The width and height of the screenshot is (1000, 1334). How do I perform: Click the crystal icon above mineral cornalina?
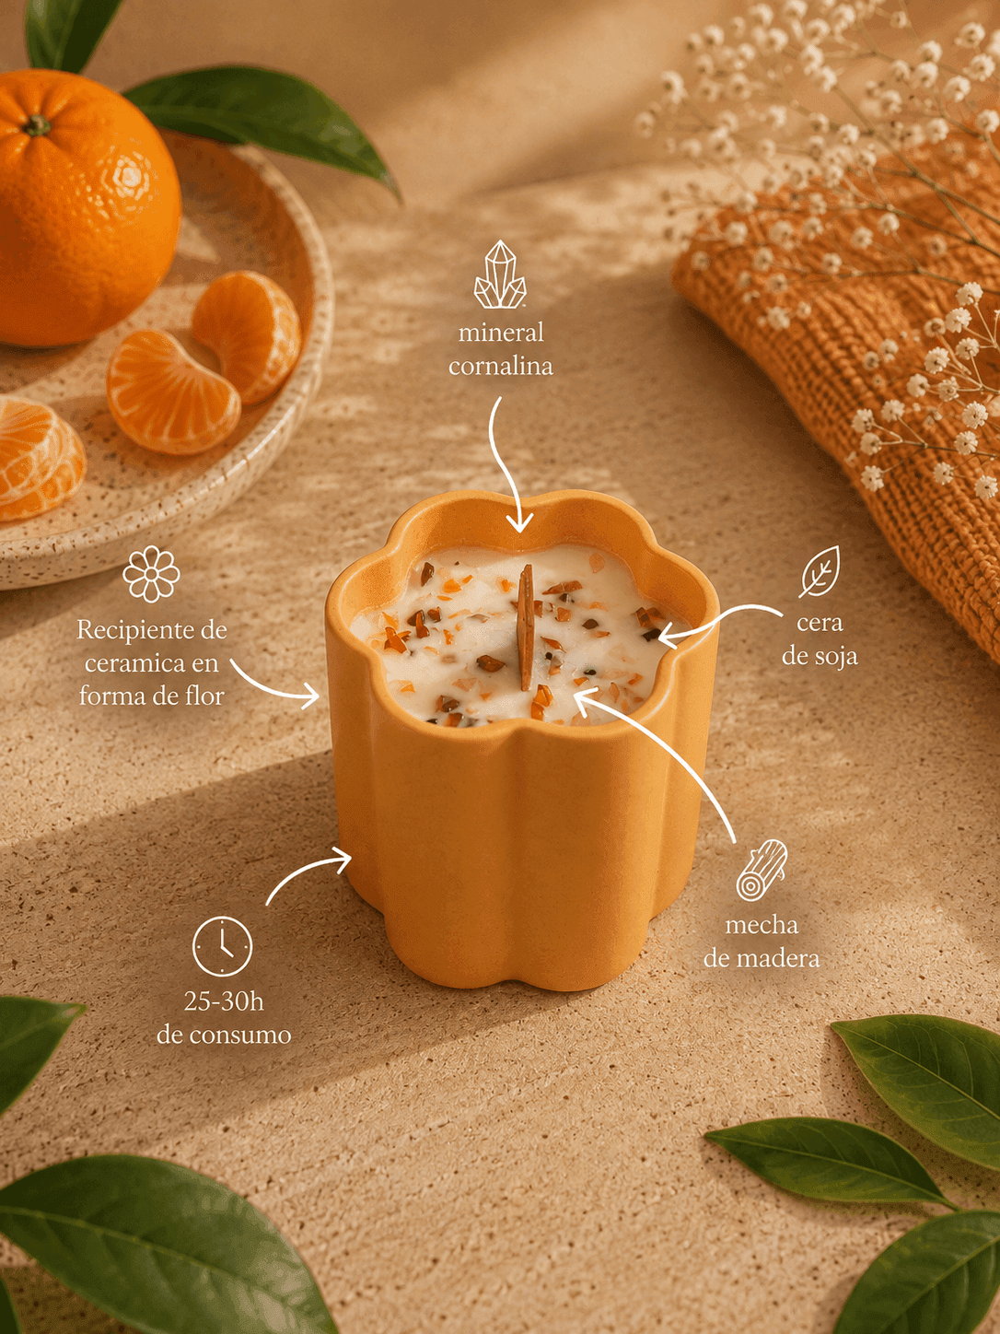pyautogui.click(x=500, y=275)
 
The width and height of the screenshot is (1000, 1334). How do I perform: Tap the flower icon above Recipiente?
pyautogui.click(x=151, y=574)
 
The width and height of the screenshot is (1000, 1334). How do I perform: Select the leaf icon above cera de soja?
pyautogui.click(x=820, y=572)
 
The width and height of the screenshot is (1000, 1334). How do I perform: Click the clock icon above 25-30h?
pyautogui.click(x=222, y=946)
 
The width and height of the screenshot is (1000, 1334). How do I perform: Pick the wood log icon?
pyautogui.click(x=762, y=870)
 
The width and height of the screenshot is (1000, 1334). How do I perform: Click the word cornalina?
pyautogui.click(x=500, y=367)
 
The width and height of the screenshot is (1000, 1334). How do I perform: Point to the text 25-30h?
pyautogui.click(x=224, y=1000)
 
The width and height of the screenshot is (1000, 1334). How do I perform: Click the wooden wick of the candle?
pyautogui.click(x=526, y=627)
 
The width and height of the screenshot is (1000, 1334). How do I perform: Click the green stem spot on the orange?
pyautogui.click(x=38, y=125)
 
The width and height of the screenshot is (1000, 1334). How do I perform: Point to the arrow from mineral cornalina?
pyautogui.click(x=502, y=465)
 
